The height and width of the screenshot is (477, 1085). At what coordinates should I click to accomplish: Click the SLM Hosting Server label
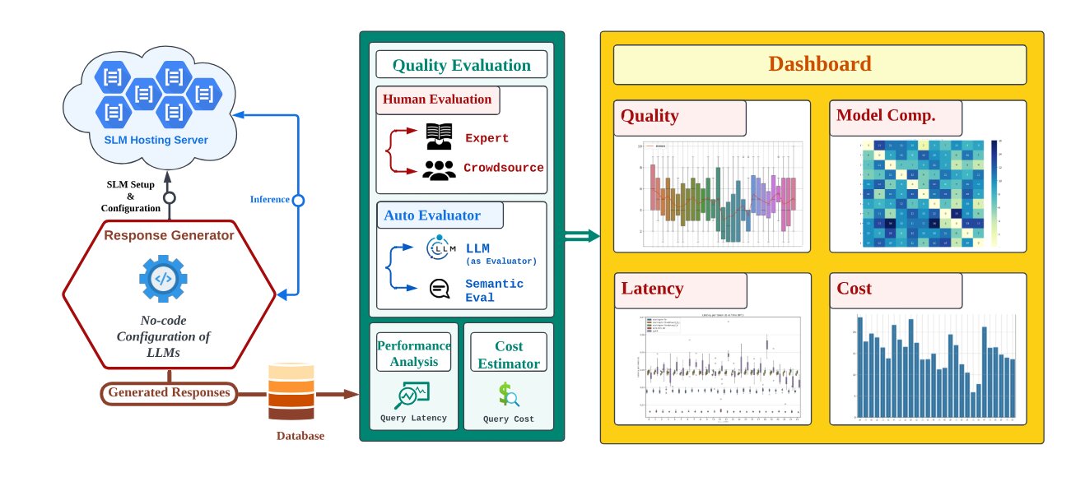pyautogui.click(x=156, y=140)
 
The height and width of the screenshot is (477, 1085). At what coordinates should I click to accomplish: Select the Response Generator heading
pyautogui.click(x=169, y=235)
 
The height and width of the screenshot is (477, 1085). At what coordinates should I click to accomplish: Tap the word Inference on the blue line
pyautogui.click(x=270, y=200)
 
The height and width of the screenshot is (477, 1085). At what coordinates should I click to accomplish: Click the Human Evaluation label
pyautogui.click(x=437, y=100)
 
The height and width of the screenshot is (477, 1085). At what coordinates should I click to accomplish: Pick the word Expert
pyautogui.click(x=487, y=137)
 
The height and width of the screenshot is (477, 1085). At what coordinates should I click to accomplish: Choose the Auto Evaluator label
pyautogui.click(x=432, y=216)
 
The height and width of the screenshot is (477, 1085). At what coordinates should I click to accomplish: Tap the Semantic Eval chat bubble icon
pyautogui.click(x=440, y=289)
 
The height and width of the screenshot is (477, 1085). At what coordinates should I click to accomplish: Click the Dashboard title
pyautogui.click(x=819, y=64)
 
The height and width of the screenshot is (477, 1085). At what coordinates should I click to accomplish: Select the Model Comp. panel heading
pyautogui.click(x=886, y=116)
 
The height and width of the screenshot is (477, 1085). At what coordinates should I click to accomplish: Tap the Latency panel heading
pyautogui.click(x=652, y=289)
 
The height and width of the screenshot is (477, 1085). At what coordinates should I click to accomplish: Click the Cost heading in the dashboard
pyautogui.click(x=854, y=289)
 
